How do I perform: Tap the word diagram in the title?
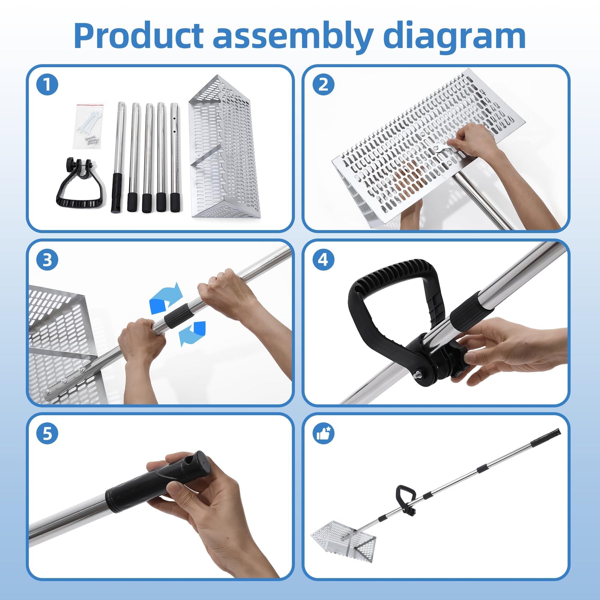454,37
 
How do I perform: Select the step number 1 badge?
47,85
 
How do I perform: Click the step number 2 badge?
323,85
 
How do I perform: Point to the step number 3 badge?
47,260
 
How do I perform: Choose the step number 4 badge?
323,260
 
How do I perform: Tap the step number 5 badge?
47,433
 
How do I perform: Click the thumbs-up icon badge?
323,433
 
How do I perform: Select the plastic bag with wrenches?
90,127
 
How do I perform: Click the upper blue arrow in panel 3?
165,298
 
